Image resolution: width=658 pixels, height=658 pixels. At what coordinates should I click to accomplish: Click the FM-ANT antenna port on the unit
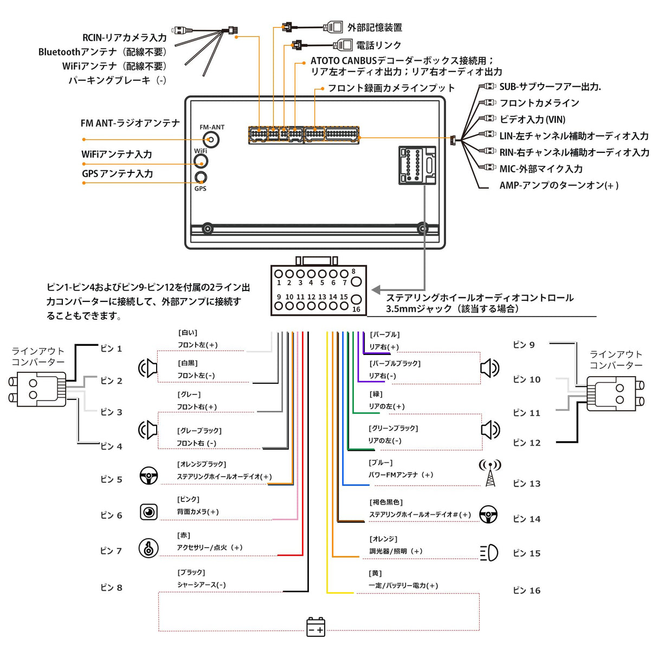point(211,140)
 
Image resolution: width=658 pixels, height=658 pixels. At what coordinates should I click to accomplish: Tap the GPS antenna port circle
point(201,177)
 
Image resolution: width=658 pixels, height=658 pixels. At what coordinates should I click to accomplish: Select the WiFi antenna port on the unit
point(201,161)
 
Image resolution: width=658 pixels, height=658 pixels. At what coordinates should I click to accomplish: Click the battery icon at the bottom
point(315,627)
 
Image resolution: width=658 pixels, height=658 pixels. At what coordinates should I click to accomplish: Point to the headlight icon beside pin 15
point(489,553)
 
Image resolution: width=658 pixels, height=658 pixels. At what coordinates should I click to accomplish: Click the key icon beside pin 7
point(149,548)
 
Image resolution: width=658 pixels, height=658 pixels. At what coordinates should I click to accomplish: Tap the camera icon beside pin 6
point(149,512)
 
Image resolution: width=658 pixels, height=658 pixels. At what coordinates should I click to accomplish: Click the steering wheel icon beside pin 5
point(149,476)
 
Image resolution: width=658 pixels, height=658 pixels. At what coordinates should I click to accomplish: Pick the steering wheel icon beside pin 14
point(489,514)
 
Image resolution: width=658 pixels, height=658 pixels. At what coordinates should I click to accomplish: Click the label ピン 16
point(527,590)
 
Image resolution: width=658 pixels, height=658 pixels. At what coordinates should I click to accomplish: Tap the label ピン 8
point(112,588)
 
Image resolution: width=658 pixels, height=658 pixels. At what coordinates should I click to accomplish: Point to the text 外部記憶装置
point(375,27)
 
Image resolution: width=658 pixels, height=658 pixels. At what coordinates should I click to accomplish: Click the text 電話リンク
point(378,45)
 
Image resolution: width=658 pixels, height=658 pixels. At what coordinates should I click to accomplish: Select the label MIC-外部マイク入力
point(541,169)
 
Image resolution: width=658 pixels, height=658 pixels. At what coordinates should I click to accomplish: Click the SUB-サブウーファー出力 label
point(550,87)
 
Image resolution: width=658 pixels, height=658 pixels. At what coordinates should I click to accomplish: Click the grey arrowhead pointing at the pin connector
point(376,290)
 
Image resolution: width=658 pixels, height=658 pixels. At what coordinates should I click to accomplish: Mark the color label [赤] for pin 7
point(184,536)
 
